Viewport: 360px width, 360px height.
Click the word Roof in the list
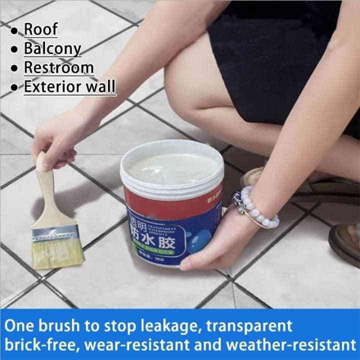41,29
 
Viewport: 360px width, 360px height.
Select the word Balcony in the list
52,48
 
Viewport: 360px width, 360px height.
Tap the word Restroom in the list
58,67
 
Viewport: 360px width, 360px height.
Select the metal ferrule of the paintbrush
55,231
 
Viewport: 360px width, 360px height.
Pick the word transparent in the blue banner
255,325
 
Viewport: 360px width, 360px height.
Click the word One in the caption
20,325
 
